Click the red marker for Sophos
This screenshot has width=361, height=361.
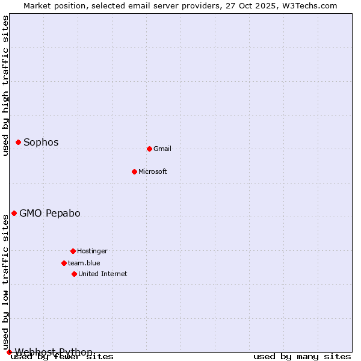[x=19, y=142]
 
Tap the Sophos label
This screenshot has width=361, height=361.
[x=41, y=143]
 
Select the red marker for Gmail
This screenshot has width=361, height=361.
[x=149, y=149]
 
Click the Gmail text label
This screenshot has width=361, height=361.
[x=162, y=149]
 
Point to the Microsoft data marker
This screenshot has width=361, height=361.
[x=134, y=171]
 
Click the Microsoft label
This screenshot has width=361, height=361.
[x=153, y=172]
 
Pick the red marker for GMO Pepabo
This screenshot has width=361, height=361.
[x=14, y=213]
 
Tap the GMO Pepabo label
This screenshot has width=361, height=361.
[x=50, y=214]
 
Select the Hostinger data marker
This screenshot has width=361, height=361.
[x=73, y=251]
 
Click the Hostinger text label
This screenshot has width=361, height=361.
[x=92, y=251]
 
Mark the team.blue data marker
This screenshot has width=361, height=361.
[x=64, y=263]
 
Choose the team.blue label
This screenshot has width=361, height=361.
[x=84, y=264]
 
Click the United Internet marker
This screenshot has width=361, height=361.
[x=74, y=274]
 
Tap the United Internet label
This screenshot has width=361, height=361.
[x=103, y=274]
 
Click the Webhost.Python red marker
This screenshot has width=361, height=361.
[x=9, y=352]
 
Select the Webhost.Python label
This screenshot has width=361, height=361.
[x=54, y=352]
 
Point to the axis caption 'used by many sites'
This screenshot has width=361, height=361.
[x=302, y=357]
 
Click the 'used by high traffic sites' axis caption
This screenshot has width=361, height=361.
[x=6, y=85]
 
